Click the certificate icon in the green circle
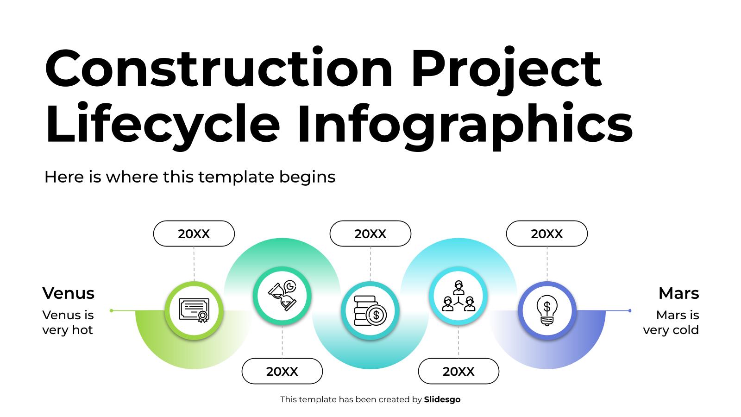click(x=194, y=310)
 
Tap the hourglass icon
click(x=282, y=295)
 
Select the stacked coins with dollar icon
click(x=370, y=310)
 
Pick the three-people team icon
click(x=458, y=295)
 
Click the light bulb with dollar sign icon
click(x=547, y=310)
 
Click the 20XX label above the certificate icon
click(x=194, y=234)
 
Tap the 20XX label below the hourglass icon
click(x=282, y=371)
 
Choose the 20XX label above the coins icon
click(x=370, y=234)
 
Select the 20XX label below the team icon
click(x=458, y=371)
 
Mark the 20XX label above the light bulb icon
click(x=546, y=234)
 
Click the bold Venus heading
click(x=68, y=293)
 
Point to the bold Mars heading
click(x=678, y=293)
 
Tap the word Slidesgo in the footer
click(x=442, y=399)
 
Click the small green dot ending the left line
click(x=111, y=310)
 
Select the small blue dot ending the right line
click(x=630, y=310)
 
